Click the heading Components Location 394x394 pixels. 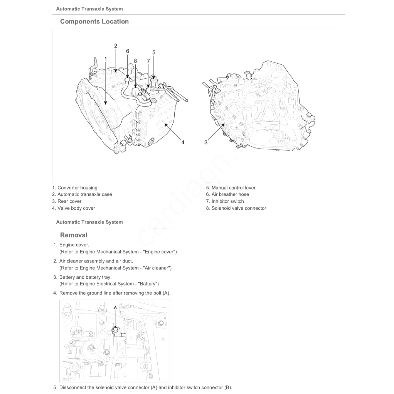94,22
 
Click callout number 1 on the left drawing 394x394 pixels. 105,58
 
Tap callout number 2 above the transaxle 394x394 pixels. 115,46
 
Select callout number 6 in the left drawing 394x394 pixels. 127,51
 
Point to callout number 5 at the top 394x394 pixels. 153,52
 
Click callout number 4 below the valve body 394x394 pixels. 183,142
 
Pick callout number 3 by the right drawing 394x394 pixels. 206,142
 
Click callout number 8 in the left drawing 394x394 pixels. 135,61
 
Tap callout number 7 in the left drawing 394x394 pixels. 148,61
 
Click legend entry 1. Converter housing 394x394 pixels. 75,188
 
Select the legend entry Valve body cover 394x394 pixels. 74,208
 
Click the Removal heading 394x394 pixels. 74,235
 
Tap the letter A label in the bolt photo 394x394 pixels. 115,307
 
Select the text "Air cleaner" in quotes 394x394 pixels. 155,268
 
